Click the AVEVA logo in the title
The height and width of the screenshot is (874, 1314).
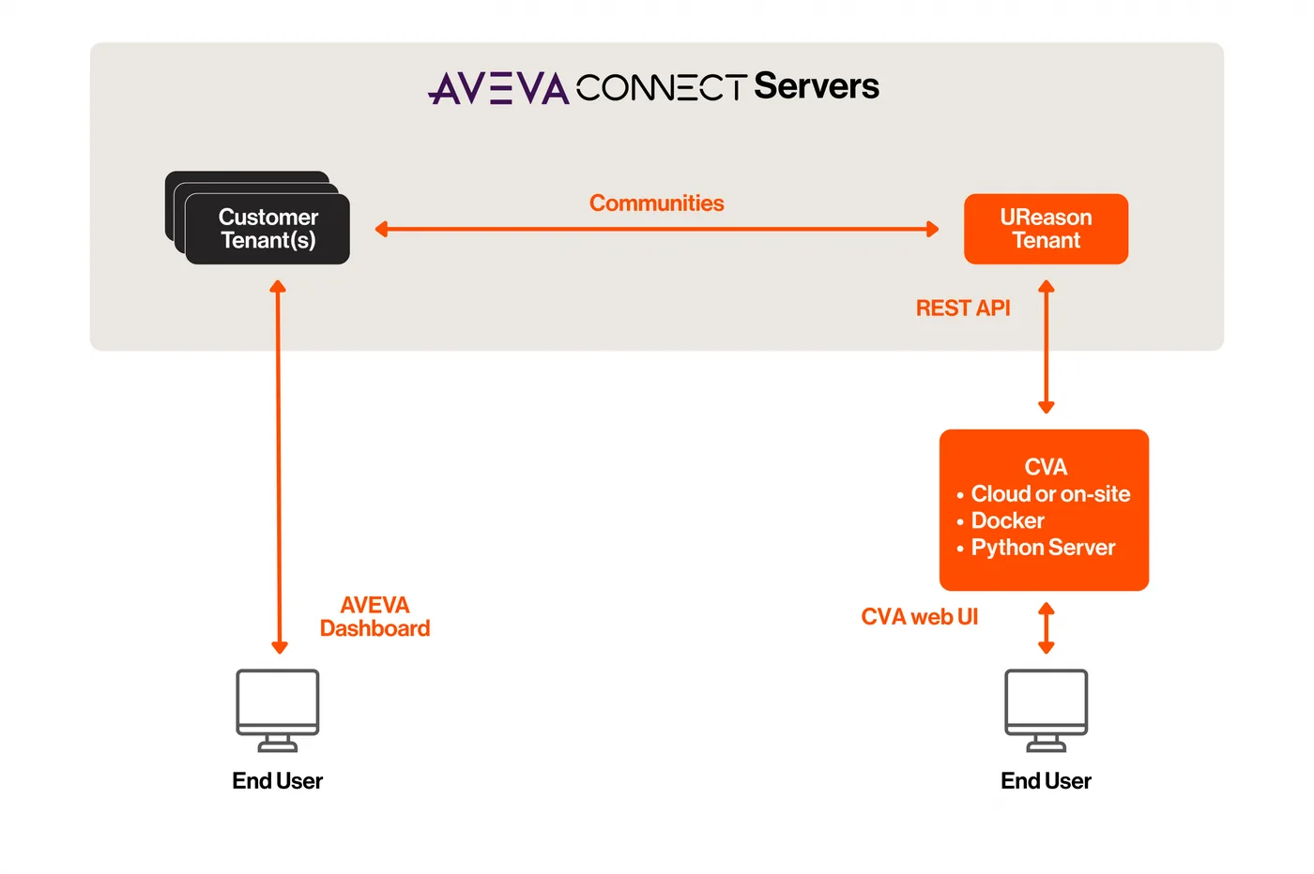click(498, 88)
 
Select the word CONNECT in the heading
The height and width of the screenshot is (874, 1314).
click(662, 87)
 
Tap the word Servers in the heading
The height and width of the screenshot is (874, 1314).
click(817, 85)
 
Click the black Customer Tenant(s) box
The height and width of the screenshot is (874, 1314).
click(268, 229)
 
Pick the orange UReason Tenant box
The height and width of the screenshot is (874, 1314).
click(1046, 229)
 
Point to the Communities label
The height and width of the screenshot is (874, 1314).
click(656, 203)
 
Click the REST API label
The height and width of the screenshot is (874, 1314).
click(963, 308)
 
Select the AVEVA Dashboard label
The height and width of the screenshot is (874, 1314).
click(374, 617)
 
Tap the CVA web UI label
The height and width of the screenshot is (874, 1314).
click(919, 617)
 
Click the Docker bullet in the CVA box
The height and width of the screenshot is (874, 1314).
click(1008, 520)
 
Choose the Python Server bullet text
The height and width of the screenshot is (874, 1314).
click(1043, 548)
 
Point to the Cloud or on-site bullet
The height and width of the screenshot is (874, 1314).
click(1050, 493)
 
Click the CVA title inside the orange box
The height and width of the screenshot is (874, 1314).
click(1046, 467)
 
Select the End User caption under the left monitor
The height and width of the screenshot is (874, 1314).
click(278, 781)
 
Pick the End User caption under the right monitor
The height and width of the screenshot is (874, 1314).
click(1046, 781)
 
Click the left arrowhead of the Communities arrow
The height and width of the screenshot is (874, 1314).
click(381, 229)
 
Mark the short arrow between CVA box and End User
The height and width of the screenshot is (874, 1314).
click(1047, 627)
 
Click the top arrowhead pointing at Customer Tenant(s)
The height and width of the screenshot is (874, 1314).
click(278, 287)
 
